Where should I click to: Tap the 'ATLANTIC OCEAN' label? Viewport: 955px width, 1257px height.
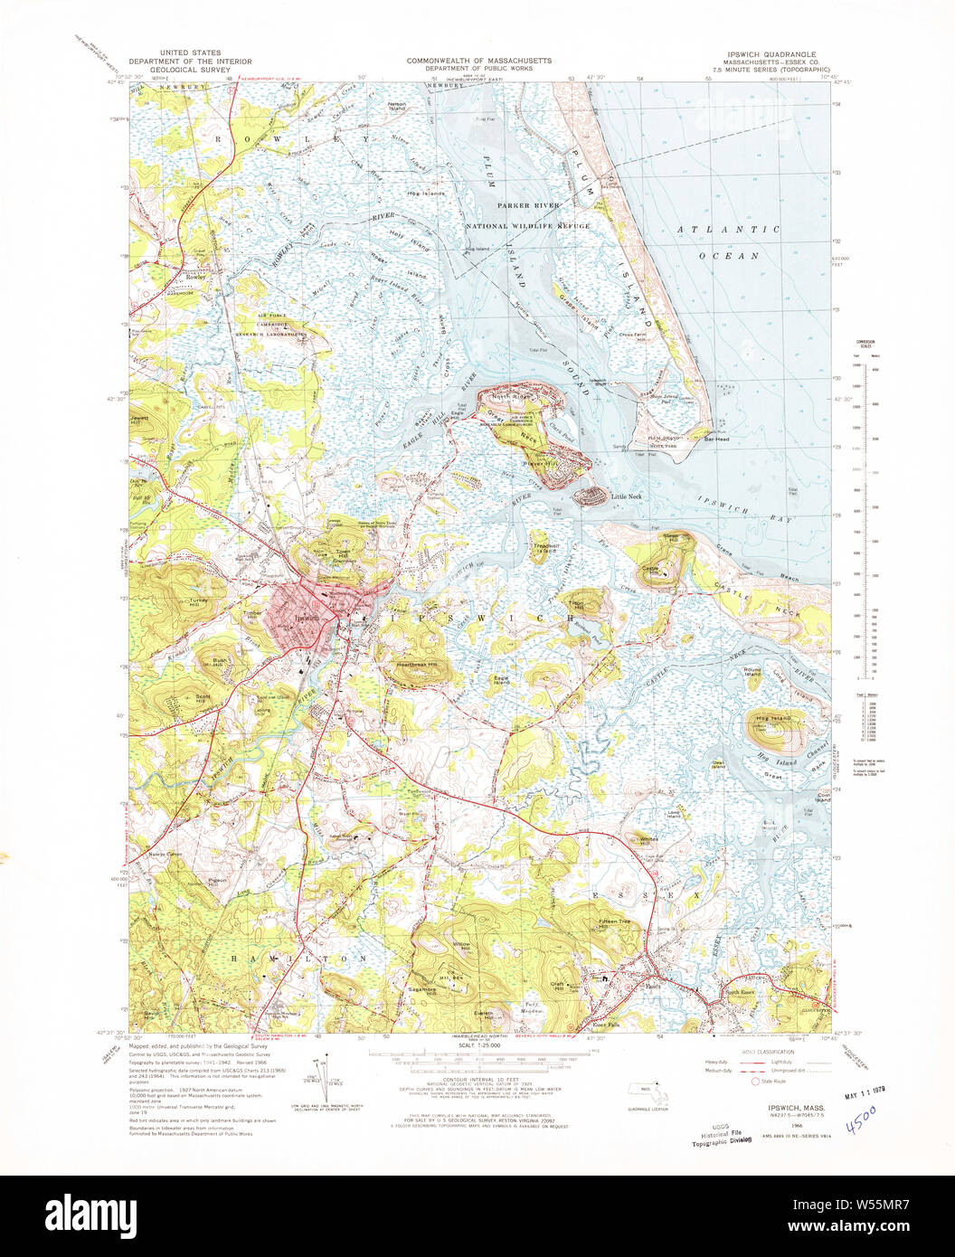coord(729,242)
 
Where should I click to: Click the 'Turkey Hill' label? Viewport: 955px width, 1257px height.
coord(167,601)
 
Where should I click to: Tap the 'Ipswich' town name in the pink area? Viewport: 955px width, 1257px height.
coord(307,619)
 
